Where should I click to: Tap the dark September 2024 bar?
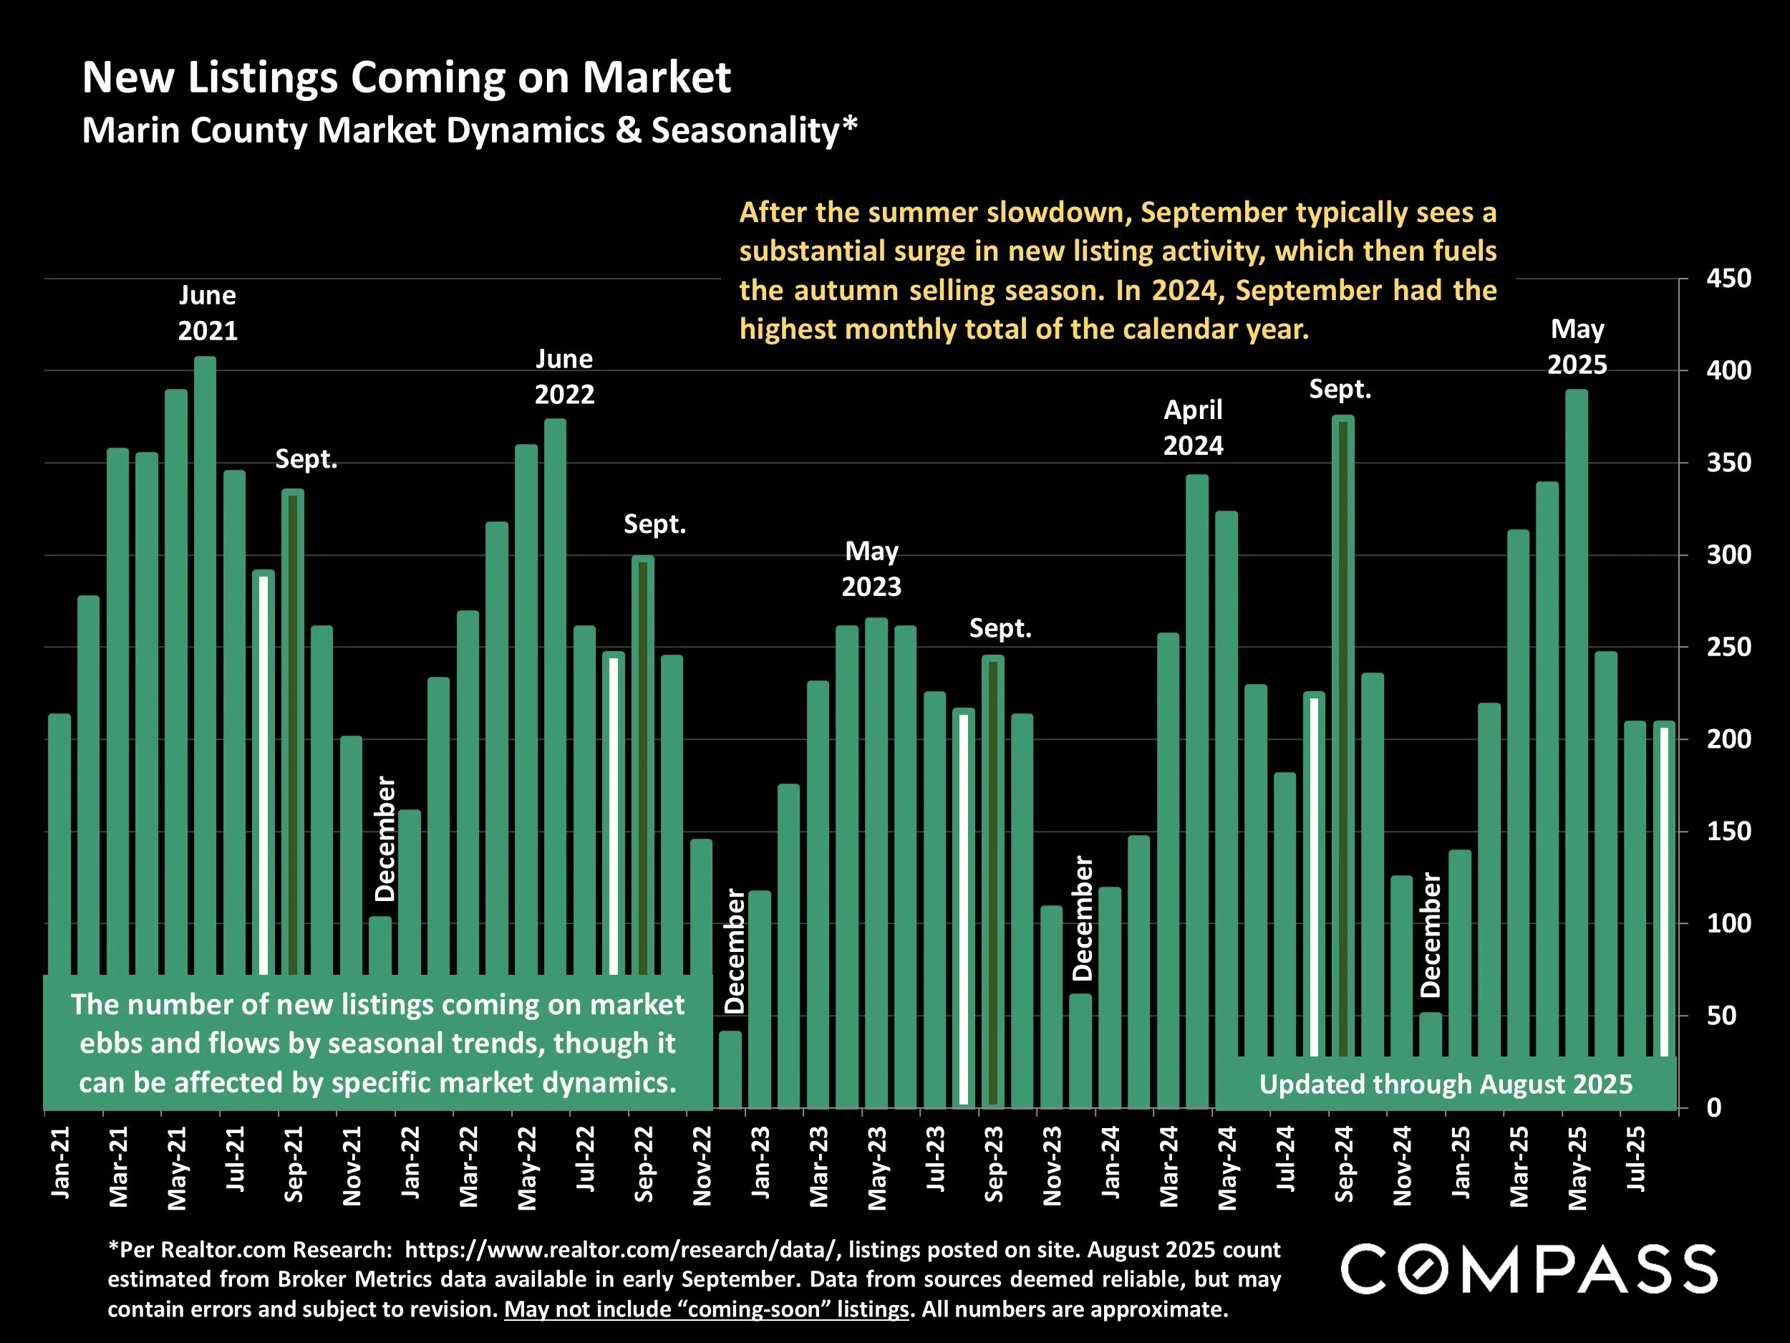tap(1342, 728)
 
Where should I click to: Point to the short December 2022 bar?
tap(730, 1069)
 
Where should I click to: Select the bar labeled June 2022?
tap(555, 688)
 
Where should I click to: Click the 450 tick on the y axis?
tap(1728, 279)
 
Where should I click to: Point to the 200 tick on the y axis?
tap(1728, 739)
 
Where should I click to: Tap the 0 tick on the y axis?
tap(1714, 1107)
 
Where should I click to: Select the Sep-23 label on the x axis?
tap(994, 1163)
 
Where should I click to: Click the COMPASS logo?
tap(1529, 1269)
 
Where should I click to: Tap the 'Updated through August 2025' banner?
tap(1446, 1084)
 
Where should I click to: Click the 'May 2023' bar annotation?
tap(871, 568)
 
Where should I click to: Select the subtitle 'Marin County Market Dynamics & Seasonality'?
tap(470, 130)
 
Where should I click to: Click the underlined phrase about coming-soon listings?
tap(707, 1310)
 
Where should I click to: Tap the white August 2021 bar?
tap(263, 769)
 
